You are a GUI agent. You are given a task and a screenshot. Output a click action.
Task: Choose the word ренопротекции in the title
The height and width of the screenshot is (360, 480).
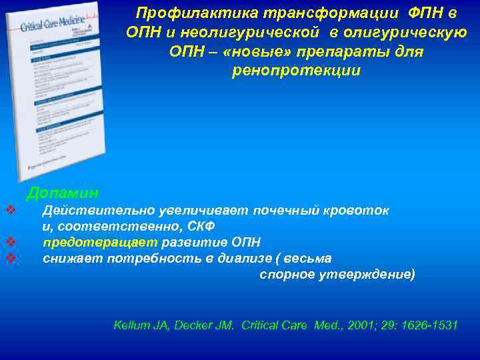[296, 71]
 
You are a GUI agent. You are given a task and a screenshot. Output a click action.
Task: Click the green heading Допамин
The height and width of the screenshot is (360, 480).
[63, 193]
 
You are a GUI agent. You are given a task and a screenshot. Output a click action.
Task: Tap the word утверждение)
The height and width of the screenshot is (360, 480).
[371, 273]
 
